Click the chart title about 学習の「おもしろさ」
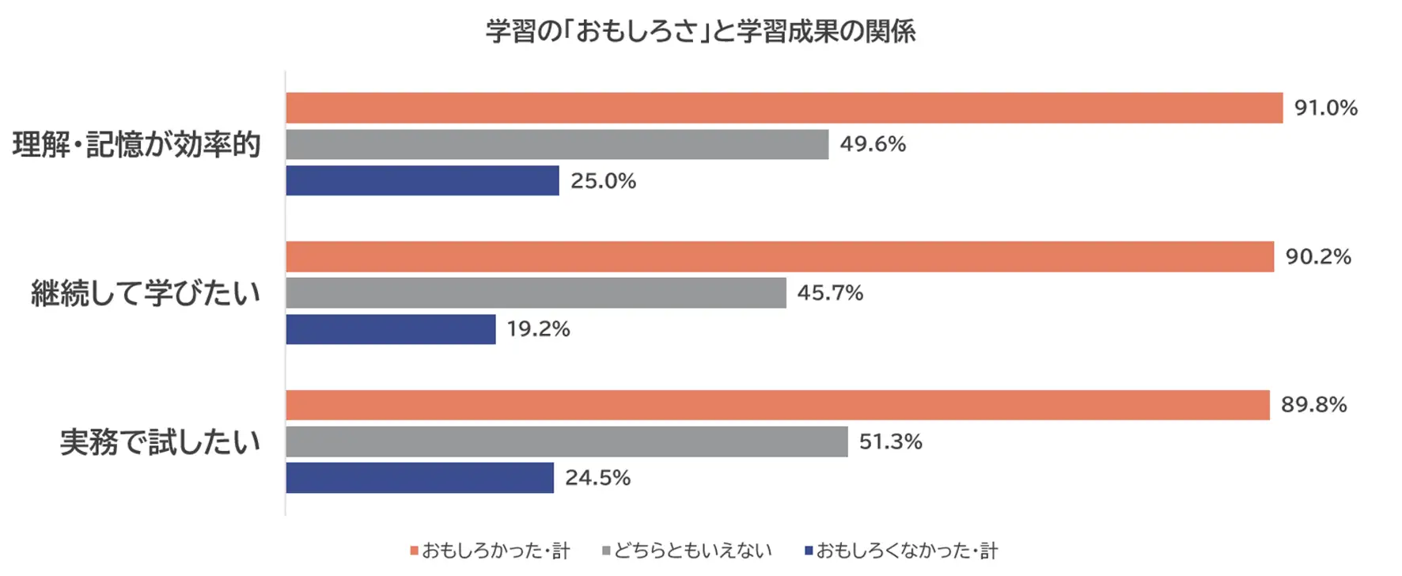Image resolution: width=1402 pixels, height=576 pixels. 700,32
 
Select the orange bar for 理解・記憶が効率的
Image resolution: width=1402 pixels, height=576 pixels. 784,108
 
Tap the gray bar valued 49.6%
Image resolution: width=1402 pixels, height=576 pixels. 557,144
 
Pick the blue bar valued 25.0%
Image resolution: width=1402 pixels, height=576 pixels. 422,180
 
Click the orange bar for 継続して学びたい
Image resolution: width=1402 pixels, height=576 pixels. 780,256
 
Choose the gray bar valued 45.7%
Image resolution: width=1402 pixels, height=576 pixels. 536,293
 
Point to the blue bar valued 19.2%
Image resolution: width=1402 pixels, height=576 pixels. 391,329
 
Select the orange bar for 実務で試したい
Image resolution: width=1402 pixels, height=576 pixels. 778,405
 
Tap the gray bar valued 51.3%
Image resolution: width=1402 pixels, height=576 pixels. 566,441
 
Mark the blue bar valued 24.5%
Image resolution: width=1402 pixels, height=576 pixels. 420,478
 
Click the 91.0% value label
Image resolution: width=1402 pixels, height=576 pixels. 1326,108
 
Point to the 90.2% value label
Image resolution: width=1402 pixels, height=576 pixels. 1318,256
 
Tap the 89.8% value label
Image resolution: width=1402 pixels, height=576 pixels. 1313,404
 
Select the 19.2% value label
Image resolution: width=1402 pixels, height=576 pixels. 538,329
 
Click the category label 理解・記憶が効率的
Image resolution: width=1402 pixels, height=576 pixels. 137,145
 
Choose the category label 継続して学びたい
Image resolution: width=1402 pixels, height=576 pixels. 146,294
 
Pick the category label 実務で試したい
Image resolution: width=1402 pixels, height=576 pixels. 160,442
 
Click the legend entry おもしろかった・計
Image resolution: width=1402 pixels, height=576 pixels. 490,551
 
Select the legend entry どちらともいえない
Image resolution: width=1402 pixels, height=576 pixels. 687,551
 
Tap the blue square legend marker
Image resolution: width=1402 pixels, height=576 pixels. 809,551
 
